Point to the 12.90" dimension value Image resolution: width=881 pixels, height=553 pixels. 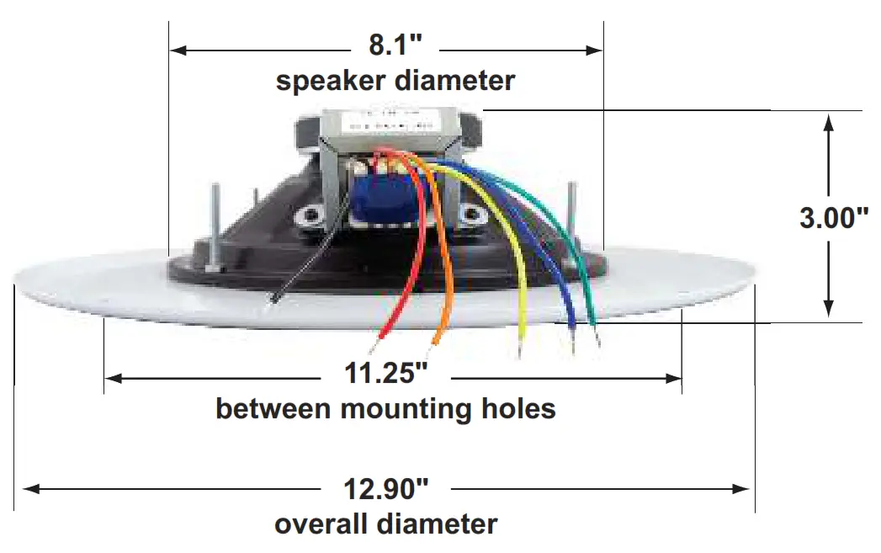(x=386, y=487)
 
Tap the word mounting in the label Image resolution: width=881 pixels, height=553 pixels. (x=400, y=410)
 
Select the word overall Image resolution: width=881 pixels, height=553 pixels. (x=321, y=524)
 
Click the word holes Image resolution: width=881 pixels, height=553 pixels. (x=517, y=410)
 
